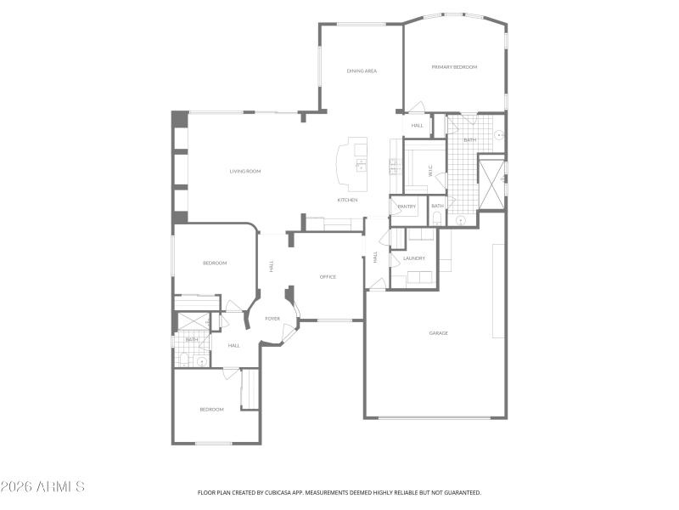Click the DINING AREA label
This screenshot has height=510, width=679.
(362, 71)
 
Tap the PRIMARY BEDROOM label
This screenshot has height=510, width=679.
(454, 66)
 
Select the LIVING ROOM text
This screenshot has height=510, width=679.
(244, 171)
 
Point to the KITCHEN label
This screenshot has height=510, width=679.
(347, 200)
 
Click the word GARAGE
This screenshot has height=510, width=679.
(438, 332)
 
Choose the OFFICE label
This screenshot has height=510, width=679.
(328, 276)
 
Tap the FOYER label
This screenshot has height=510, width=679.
(272, 319)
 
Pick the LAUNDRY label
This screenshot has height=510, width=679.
(414, 258)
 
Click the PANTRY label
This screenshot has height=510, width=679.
(406, 206)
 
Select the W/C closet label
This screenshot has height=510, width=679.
(430, 170)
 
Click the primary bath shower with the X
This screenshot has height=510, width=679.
(491, 183)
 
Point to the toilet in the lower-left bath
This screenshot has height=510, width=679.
(183, 360)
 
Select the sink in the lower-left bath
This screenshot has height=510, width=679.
(202, 361)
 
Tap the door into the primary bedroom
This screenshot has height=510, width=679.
(416, 108)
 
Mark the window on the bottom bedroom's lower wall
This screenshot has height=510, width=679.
(213, 443)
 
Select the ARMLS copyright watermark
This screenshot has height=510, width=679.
(42, 487)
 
